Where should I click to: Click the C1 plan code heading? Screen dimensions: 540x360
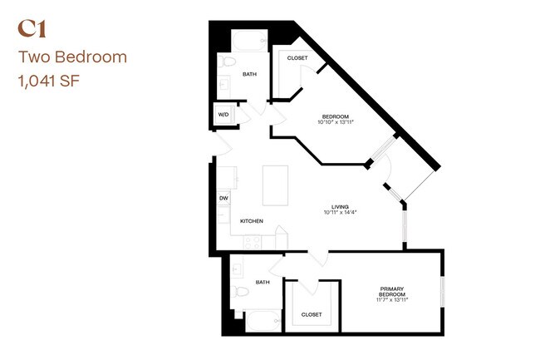coord(32,29)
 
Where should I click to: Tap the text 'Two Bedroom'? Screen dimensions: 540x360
coord(72,57)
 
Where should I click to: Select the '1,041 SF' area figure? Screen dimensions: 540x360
coord(49,81)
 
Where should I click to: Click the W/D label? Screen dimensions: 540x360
coord(223,115)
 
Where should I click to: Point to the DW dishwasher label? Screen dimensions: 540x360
coord(223,199)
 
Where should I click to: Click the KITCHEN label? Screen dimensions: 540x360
coord(252,221)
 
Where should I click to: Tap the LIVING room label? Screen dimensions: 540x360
coord(340,207)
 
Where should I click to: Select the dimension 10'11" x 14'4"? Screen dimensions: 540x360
coord(340,212)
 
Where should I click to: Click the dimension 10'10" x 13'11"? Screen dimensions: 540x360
coord(336,122)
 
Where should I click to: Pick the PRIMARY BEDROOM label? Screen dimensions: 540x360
coord(392,292)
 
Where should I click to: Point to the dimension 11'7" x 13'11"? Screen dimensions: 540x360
coord(392,299)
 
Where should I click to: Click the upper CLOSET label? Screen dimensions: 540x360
coord(297,58)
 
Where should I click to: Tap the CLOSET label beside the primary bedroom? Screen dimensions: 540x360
coord(312,314)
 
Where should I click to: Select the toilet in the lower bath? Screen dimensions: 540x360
coord(239,292)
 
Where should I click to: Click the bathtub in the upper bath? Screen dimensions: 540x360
coord(249,41)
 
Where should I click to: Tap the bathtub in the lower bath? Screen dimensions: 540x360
coord(263,322)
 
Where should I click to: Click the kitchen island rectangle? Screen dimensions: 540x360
coord(276,185)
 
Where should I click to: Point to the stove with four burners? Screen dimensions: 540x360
coord(253,242)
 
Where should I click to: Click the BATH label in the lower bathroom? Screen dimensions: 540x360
coord(263,282)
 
